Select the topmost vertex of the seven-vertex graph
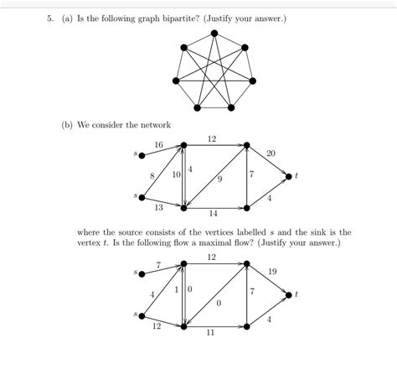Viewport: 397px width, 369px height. tap(215, 34)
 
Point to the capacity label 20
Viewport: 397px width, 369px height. tap(271, 153)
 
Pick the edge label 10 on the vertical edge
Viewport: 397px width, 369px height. tap(177, 174)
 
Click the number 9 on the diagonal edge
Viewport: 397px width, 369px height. tap(219, 178)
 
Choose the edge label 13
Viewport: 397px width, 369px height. tap(158, 207)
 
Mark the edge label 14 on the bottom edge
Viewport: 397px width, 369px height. tap(213, 213)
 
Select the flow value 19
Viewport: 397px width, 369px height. tap(273, 272)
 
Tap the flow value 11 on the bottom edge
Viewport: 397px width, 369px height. tap(213, 332)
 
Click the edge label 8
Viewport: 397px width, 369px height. tap(152, 174)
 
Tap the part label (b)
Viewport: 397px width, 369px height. tap(66, 125)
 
